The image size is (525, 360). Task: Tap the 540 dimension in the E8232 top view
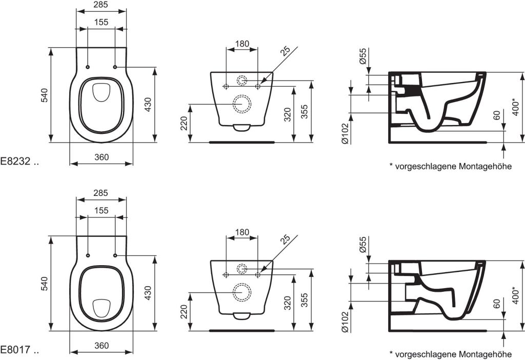click(45, 95)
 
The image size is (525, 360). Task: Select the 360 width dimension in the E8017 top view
click(102, 346)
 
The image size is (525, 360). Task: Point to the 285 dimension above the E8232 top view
click(101, 4)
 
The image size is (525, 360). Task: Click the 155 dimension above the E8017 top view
click(101, 210)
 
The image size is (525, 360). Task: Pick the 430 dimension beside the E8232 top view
click(148, 105)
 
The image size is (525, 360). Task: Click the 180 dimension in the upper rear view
click(242, 44)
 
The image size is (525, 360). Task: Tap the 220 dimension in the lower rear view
click(184, 311)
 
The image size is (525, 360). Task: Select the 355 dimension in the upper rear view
click(304, 111)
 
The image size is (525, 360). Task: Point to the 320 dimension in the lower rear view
click(287, 303)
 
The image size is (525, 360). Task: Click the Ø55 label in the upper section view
click(362, 56)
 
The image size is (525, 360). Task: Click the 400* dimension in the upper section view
click(516, 107)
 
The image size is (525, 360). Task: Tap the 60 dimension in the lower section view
click(496, 304)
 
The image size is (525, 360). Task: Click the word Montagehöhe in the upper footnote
click(486, 167)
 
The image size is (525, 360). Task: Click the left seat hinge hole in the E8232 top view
click(88, 67)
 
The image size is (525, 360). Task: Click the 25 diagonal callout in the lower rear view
click(285, 239)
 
